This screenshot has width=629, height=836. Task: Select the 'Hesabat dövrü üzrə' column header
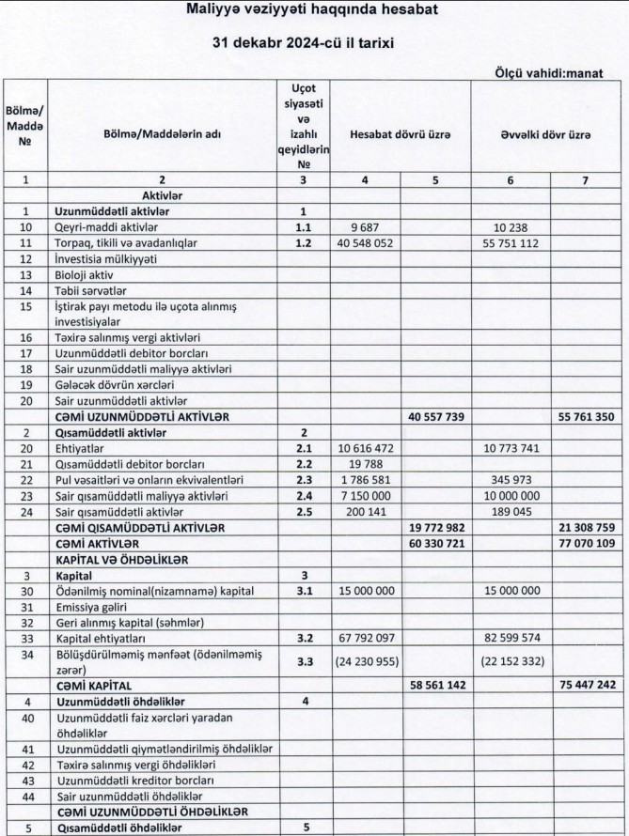(x=401, y=135)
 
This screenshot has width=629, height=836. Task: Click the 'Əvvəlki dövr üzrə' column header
(x=545, y=135)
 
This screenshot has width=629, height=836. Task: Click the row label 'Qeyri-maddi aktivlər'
(x=104, y=227)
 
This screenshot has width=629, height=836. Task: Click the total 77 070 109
(x=587, y=543)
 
